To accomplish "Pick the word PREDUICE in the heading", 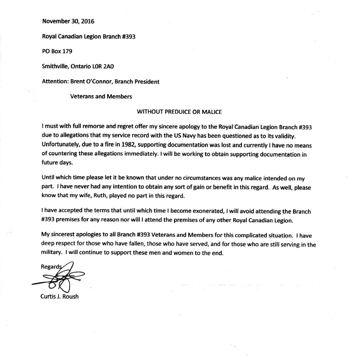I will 183,112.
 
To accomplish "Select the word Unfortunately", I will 61,145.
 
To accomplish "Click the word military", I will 52,254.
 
